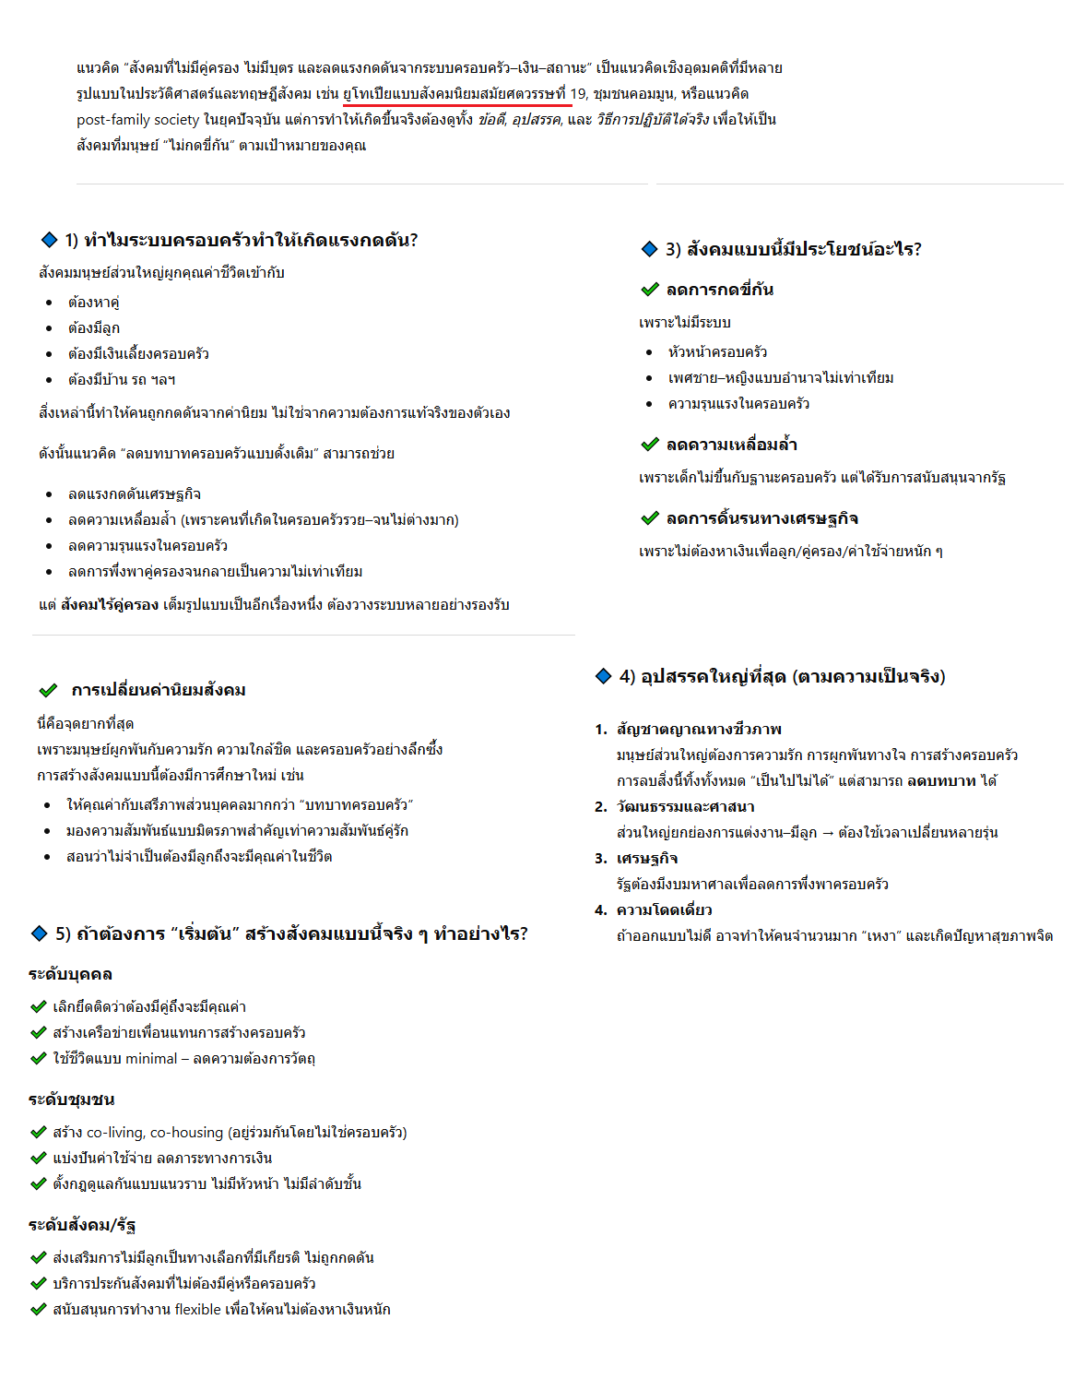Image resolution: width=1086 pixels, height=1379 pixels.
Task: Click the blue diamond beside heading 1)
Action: coord(50,240)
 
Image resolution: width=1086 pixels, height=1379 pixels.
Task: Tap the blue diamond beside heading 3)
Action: coord(649,249)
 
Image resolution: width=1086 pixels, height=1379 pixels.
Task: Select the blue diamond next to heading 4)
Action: coord(604,676)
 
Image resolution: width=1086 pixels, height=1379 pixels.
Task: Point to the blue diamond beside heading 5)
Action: coord(39,933)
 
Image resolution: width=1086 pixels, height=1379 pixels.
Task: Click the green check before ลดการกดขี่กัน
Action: coord(650,290)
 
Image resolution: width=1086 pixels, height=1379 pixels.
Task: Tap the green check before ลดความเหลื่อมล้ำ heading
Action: coord(650,445)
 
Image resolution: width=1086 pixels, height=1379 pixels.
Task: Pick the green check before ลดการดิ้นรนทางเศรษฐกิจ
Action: coord(650,518)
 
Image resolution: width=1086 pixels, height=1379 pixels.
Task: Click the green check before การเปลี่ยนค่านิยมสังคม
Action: coord(48,690)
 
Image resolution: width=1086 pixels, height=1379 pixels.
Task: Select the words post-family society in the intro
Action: coord(137,120)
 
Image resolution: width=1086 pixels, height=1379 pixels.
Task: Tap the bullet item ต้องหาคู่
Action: coord(93,303)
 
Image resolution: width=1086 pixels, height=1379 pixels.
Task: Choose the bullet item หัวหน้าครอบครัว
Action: coord(717,352)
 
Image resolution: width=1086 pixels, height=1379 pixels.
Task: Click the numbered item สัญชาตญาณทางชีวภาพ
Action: coord(699,730)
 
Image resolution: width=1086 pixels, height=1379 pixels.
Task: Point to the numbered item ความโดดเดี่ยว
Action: coord(664,910)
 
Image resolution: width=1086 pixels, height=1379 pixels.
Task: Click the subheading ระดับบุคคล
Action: coord(70,974)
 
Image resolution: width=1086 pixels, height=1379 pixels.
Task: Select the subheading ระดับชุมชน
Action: coord(71,1100)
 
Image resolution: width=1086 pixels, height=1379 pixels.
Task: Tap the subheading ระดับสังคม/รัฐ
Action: coord(82,1225)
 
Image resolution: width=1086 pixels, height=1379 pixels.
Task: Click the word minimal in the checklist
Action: coord(151,1059)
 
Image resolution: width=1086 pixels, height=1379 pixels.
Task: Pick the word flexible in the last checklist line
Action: coord(197,1310)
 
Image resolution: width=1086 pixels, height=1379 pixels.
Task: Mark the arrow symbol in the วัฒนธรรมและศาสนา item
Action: coord(827,833)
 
